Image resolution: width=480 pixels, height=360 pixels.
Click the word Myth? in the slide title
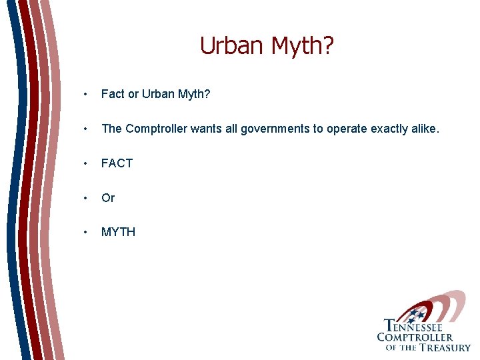coord(304,47)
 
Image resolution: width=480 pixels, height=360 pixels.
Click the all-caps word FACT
coord(117,163)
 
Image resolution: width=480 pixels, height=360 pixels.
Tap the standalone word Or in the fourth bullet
coord(108,198)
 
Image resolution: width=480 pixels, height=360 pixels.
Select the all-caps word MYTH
coord(118,232)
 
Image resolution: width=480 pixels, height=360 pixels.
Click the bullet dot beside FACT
coord(85,164)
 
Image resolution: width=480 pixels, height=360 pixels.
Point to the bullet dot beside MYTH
coord(85,233)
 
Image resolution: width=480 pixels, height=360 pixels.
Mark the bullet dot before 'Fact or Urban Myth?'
coord(85,95)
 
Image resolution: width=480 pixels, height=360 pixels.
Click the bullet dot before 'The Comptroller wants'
coord(85,129)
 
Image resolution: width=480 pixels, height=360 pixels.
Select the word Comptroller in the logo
coord(415,337)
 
